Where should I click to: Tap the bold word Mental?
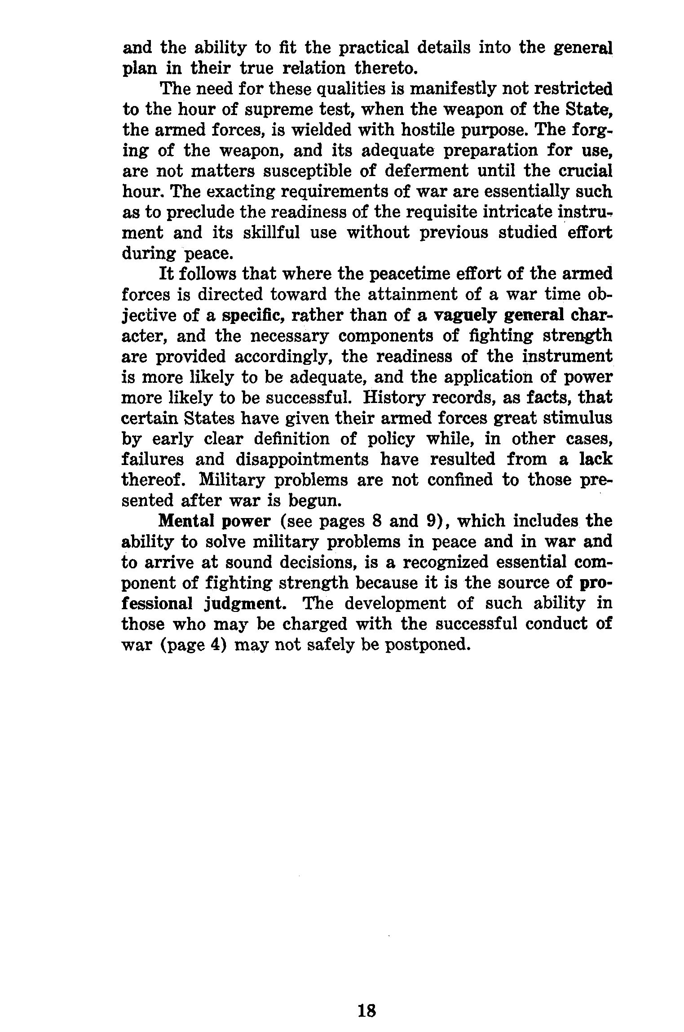coord(187,521)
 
